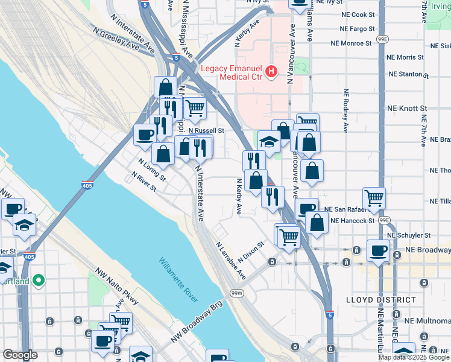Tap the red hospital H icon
coord(272,72)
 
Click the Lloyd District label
coord(381,299)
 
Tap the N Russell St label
coord(206,130)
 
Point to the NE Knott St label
coord(406,109)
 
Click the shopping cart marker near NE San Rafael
coord(374,197)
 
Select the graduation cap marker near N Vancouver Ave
coord(270,141)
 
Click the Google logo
coord(20,355)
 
